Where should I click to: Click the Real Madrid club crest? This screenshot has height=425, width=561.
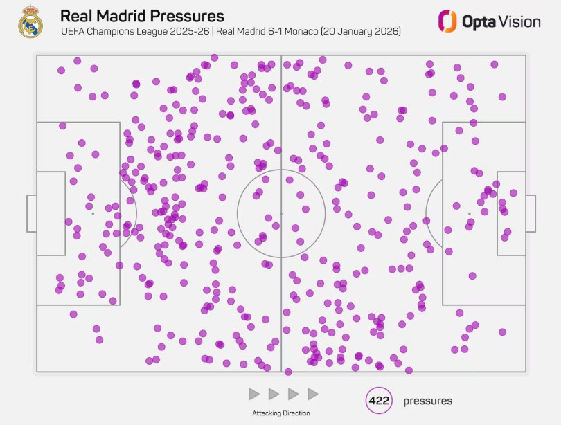click(x=30, y=21)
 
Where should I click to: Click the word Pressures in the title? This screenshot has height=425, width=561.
click(x=188, y=16)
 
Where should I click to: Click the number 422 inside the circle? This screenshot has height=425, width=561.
click(x=379, y=401)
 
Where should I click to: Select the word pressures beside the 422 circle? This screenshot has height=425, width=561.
click(x=427, y=401)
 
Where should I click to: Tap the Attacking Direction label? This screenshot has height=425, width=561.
click(x=280, y=413)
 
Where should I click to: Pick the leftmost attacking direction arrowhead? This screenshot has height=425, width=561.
click(x=254, y=394)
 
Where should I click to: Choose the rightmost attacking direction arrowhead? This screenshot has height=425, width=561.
click(x=312, y=394)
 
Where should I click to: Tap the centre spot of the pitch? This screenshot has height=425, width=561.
click(x=280, y=213)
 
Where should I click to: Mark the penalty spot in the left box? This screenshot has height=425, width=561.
click(x=93, y=213)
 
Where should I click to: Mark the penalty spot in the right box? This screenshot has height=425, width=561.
click(x=469, y=213)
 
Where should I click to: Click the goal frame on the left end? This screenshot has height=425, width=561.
click(x=31, y=213)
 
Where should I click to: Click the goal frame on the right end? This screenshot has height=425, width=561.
click(x=531, y=213)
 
